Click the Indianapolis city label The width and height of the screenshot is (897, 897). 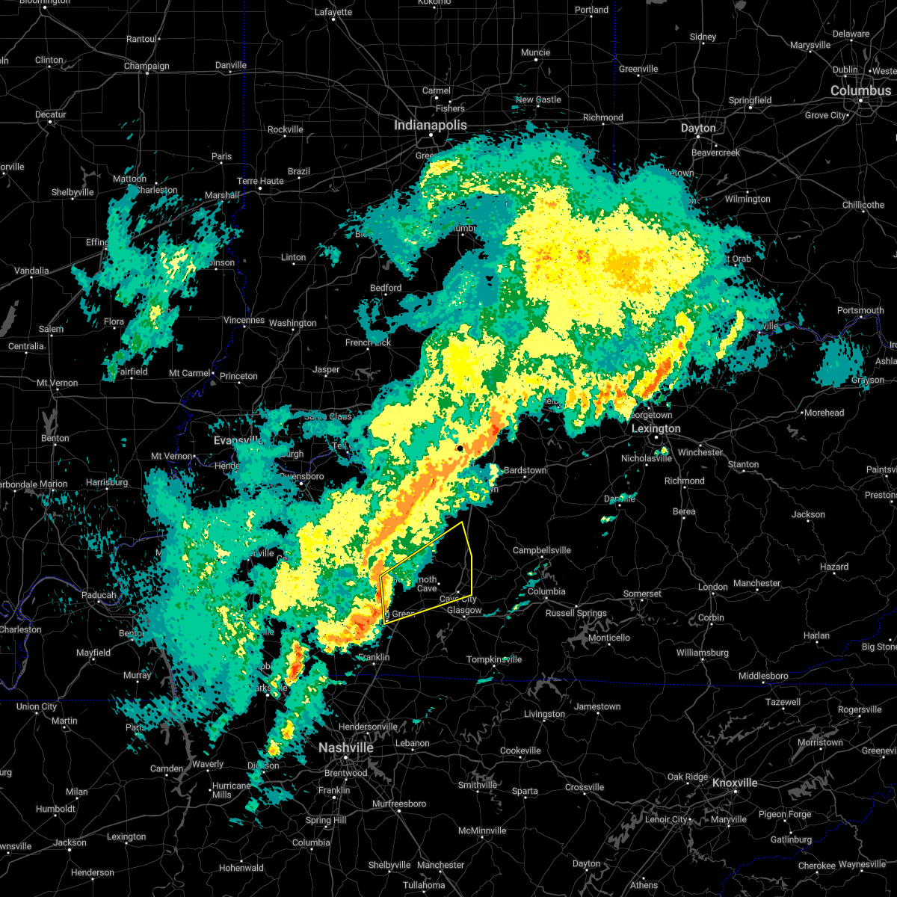pyautogui.click(x=430, y=126)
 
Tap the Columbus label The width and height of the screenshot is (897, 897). pyautogui.click(x=860, y=90)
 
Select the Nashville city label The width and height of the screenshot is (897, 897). pyautogui.click(x=346, y=747)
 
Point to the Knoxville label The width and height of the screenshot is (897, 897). pyautogui.click(x=734, y=783)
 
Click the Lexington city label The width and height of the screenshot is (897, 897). pyautogui.click(x=656, y=428)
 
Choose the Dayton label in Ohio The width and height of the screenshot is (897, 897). pyautogui.click(x=698, y=128)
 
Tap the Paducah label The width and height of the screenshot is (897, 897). pyautogui.click(x=99, y=595)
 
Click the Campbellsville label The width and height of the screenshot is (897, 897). pyautogui.click(x=541, y=551)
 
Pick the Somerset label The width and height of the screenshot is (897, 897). pyautogui.click(x=642, y=594)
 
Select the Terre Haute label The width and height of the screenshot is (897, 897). pyautogui.click(x=260, y=182)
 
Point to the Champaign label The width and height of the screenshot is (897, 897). pyautogui.click(x=147, y=66)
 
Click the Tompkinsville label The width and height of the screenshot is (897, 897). pyautogui.click(x=494, y=659)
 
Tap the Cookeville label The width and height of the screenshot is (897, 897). pyautogui.click(x=520, y=750)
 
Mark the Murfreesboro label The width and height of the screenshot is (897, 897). pyautogui.click(x=399, y=804)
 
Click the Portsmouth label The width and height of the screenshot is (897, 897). pyautogui.click(x=860, y=310)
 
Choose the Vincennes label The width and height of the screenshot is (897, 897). pyautogui.click(x=244, y=320)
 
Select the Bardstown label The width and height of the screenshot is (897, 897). pyautogui.click(x=525, y=470)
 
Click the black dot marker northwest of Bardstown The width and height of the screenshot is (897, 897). pyautogui.click(x=460, y=449)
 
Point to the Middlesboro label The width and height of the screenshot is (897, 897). pyautogui.click(x=763, y=676)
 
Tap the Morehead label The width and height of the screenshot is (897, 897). pyautogui.click(x=824, y=413)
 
